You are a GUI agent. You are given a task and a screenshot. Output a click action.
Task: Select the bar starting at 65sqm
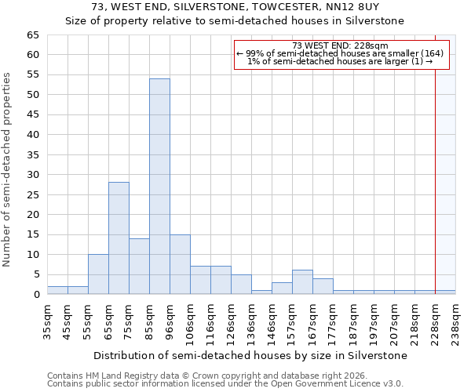(119, 238)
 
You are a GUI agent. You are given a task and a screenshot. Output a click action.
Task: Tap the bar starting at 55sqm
(98, 274)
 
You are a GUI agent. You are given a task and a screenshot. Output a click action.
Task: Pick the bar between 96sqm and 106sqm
(180, 264)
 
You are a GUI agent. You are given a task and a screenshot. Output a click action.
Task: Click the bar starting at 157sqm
(302, 282)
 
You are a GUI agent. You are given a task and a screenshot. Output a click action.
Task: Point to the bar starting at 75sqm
(139, 267)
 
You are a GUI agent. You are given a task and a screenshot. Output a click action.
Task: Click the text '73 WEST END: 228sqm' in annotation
(340, 45)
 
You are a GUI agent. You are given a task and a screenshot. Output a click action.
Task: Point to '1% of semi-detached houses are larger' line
(340, 61)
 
